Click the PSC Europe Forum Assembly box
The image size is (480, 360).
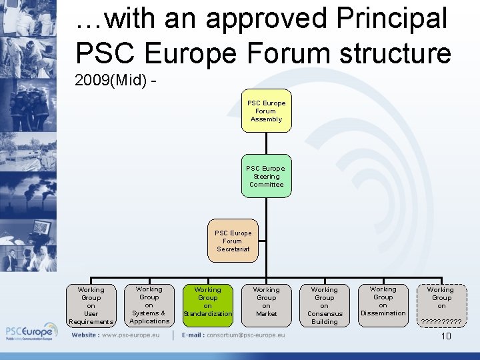[x=266, y=111]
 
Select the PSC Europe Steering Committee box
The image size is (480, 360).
[x=266, y=176]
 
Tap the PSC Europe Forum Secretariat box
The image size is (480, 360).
[x=232, y=241]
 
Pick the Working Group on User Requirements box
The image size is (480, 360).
[x=91, y=305]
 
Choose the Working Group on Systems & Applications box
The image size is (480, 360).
[x=149, y=305]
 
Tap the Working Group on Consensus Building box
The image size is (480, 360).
[x=324, y=305]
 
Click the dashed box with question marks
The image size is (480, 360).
[x=441, y=305]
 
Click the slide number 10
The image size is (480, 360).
[x=446, y=336]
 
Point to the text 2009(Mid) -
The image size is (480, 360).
[x=116, y=81]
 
